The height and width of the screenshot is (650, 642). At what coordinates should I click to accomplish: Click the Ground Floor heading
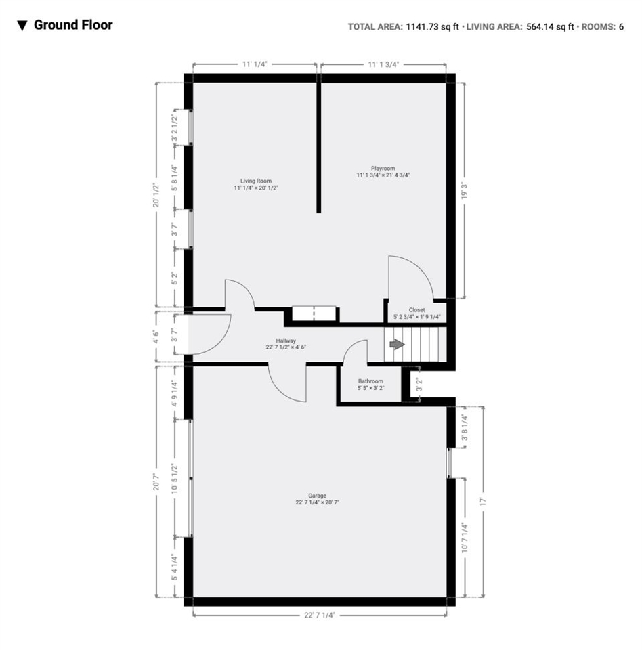click(73, 26)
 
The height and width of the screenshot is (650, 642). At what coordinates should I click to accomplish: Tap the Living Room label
click(256, 181)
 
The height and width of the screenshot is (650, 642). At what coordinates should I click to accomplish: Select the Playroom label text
click(383, 168)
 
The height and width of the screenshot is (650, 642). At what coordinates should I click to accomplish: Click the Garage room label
click(317, 496)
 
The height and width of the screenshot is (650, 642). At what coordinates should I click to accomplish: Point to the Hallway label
click(285, 341)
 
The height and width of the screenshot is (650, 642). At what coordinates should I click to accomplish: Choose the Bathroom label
click(370, 381)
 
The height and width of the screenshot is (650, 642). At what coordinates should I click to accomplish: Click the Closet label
click(416, 310)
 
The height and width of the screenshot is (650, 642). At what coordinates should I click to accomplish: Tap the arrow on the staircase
click(397, 345)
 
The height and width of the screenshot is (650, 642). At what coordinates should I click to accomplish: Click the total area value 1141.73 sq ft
click(433, 27)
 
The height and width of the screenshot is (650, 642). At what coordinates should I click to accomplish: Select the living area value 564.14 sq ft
click(550, 27)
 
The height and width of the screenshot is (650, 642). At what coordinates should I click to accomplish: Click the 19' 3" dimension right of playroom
click(464, 190)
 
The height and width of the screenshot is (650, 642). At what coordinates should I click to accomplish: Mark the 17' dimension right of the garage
click(483, 502)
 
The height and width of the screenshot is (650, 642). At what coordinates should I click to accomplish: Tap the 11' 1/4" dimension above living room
click(255, 64)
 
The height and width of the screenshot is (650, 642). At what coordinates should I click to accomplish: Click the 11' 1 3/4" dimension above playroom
click(383, 64)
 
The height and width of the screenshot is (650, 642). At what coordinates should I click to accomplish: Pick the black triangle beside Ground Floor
click(22, 26)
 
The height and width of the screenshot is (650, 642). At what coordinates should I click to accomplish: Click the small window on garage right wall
click(450, 462)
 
